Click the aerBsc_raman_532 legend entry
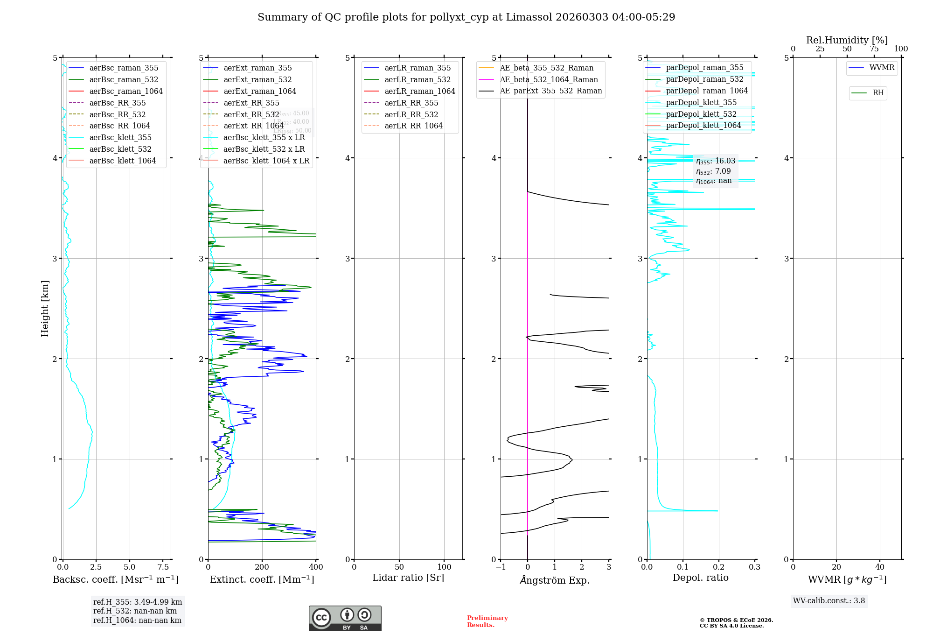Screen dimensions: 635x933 [x=124, y=80]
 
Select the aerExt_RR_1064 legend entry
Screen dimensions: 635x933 [x=253, y=126]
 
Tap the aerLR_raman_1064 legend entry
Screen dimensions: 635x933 [x=419, y=92]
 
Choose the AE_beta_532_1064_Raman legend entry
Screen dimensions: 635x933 [x=549, y=80]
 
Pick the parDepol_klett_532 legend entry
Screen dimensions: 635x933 [x=701, y=114]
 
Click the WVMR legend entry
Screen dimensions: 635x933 [x=882, y=68]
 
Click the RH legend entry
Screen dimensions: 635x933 [x=878, y=93]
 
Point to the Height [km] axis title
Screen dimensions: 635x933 [x=45, y=309]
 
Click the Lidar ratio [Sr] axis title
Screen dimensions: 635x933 [x=408, y=578]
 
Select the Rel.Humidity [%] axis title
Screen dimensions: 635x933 [x=847, y=40]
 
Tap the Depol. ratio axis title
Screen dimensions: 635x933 [x=700, y=578]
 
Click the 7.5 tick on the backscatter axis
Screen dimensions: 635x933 [x=163, y=567]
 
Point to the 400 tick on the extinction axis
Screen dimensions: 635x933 [x=316, y=567]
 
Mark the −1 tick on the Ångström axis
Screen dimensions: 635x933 [x=501, y=567]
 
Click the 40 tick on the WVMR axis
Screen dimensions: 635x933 [x=879, y=567]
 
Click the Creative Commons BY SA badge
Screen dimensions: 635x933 [x=345, y=618]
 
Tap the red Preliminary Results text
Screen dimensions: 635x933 [x=487, y=621]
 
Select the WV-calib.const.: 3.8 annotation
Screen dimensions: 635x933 [x=829, y=601]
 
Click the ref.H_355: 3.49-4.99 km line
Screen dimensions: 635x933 [x=138, y=602]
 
